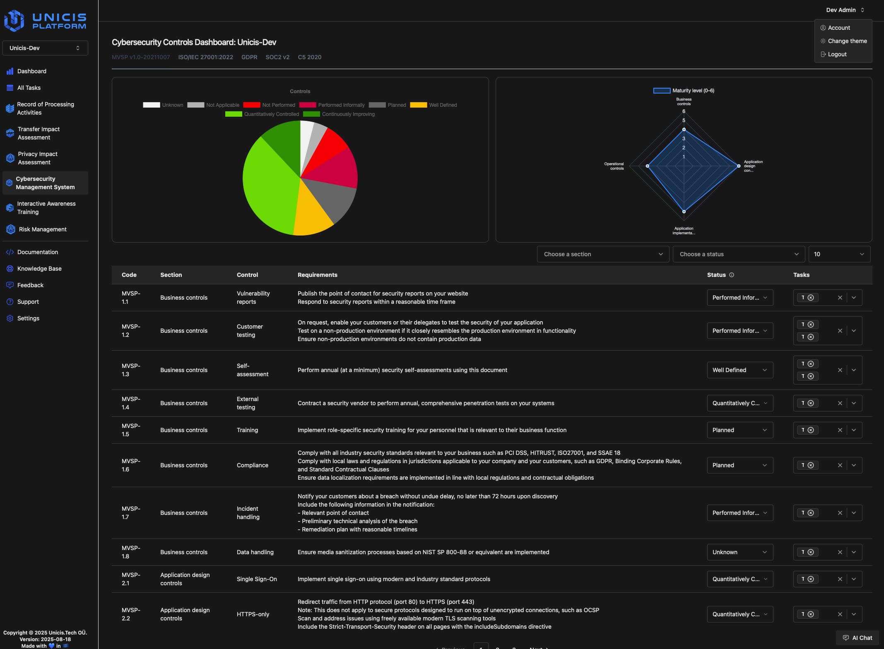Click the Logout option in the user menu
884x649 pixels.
pos(837,54)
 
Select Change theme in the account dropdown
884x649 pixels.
pos(847,41)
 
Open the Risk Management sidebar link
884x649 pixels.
pos(42,229)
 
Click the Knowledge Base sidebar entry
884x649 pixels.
pos(39,269)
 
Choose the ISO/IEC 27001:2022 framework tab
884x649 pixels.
pos(205,57)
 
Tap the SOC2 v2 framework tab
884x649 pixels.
pos(277,57)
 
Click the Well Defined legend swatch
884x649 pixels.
pos(418,105)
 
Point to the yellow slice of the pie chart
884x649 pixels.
pos(312,211)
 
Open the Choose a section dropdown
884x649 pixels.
pos(603,254)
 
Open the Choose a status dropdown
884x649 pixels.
pos(739,254)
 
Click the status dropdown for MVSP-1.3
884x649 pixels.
pos(739,370)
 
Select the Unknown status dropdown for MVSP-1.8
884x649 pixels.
pos(739,552)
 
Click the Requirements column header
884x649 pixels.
pos(317,275)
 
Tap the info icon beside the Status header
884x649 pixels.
pos(732,275)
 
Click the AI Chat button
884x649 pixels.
pos(857,638)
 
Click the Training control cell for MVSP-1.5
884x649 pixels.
pos(247,430)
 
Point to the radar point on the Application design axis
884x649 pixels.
pos(739,166)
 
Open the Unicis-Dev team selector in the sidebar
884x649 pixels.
pos(45,48)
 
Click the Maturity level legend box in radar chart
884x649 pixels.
pos(662,91)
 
